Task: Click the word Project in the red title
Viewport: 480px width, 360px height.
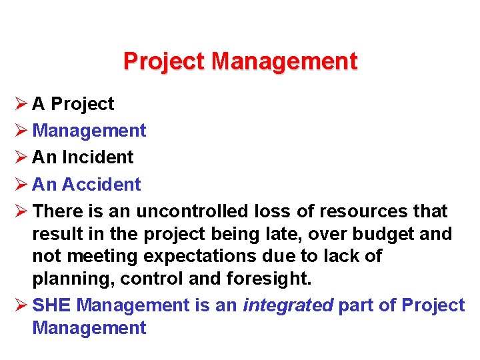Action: coord(165,62)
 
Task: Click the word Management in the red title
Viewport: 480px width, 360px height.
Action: coord(285,62)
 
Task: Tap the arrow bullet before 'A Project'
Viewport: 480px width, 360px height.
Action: coord(20,104)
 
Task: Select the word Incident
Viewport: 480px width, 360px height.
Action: coord(98,157)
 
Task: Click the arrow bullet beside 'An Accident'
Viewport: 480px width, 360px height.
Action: coord(20,184)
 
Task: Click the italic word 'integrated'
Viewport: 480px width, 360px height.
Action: coord(288,305)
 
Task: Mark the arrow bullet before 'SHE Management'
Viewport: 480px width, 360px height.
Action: coord(20,305)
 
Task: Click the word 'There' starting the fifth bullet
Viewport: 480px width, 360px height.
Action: coord(59,211)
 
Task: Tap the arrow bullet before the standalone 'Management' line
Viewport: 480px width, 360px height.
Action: coord(20,131)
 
